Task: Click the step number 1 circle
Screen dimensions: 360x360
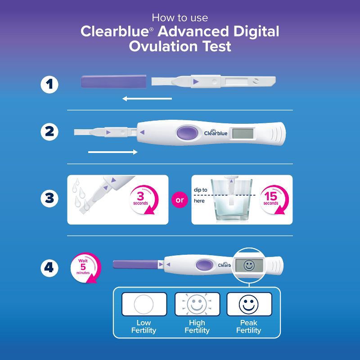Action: tap(49, 84)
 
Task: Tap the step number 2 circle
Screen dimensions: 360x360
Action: tap(49, 132)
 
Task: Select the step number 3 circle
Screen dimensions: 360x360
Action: tap(49, 199)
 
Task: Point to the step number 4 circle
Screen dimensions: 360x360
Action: tap(49, 268)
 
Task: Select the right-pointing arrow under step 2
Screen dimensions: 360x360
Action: tap(113, 152)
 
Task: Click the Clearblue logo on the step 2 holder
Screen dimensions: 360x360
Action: tap(216, 133)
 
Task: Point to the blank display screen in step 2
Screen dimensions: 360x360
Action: tap(243, 133)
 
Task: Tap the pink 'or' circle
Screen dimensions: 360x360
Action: tap(180, 200)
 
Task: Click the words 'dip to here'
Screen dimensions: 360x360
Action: tap(200, 195)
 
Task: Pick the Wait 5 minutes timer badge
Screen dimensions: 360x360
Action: tap(85, 268)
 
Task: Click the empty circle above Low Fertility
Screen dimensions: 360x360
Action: tap(144, 304)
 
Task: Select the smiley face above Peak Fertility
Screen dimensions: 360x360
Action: tap(249, 304)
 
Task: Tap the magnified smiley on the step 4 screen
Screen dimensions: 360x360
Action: tap(249, 265)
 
